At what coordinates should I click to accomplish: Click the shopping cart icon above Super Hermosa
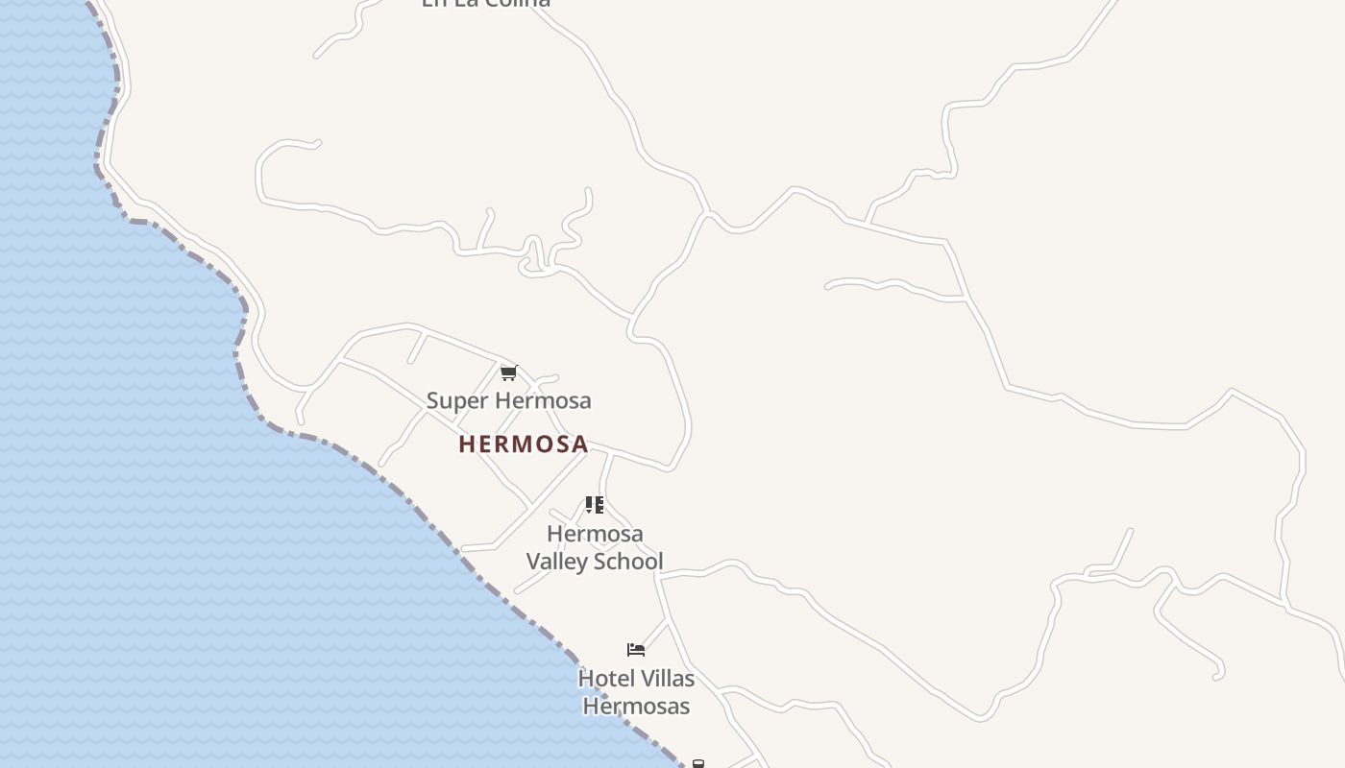(x=508, y=372)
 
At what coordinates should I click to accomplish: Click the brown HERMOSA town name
(x=524, y=444)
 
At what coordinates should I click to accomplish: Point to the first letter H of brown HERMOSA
(x=467, y=444)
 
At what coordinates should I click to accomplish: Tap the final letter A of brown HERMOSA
(x=579, y=444)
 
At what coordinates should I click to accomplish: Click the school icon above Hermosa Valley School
(x=595, y=505)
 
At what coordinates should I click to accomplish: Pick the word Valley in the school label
(x=558, y=561)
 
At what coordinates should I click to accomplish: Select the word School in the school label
(x=629, y=561)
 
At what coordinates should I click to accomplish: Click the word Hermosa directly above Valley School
(x=595, y=534)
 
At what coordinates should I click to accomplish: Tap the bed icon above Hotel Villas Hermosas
(x=636, y=650)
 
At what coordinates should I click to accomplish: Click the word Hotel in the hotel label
(x=605, y=679)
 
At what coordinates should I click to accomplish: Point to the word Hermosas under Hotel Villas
(x=636, y=707)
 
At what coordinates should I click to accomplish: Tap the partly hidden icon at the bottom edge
(x=698, y=764)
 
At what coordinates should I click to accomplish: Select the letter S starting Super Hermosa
(x=433, y=400)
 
